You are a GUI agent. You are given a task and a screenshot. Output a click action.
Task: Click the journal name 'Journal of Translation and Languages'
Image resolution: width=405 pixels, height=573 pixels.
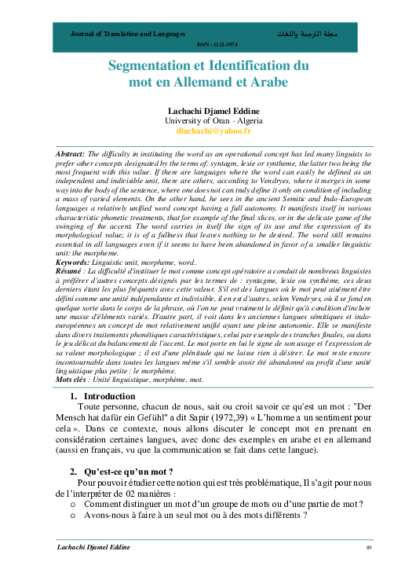coord(128,35)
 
